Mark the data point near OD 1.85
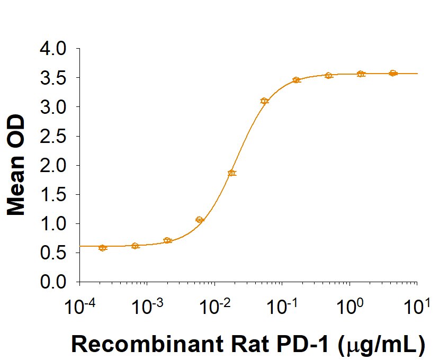[x=232, y=173]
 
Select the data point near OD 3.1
[x=264, y=101]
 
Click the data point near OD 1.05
[x=200, y=220]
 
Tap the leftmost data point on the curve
[x=103, y=248]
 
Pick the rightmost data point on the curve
[x=393, y=73]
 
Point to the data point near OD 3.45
[x=297, y=80]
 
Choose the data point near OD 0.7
[x=167, y=240]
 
